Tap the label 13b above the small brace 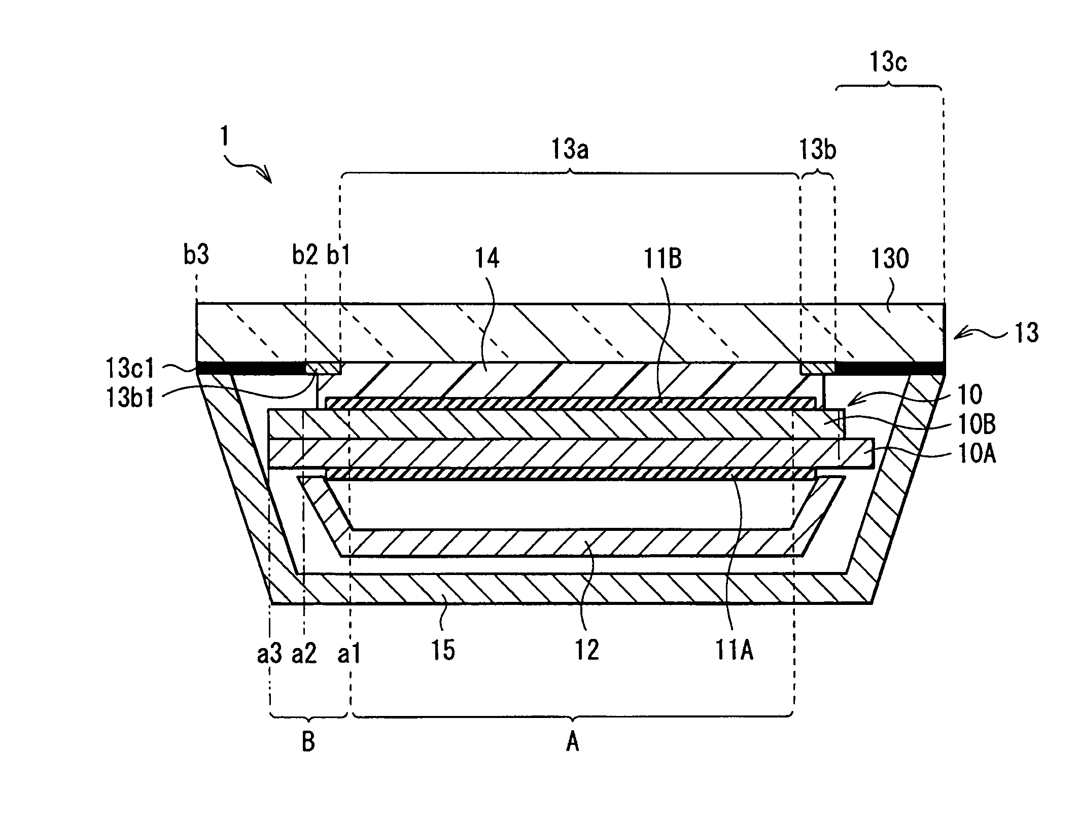[817, 150]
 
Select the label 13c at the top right [888, 62]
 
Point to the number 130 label [890, 259]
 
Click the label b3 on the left [196, 255]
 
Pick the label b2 [304, 255]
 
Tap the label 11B [663, 259]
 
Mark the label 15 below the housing [442, 650]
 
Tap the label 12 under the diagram [587, 650]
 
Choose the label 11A [734, 650]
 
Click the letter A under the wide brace [572, 743]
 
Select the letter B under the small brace [308, 743]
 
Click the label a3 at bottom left [269, 654]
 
